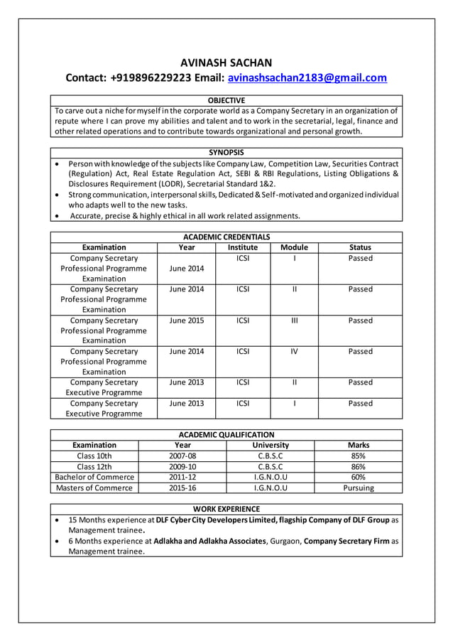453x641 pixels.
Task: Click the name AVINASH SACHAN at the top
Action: click(226, 63)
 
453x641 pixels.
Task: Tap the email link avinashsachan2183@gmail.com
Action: click(307, 78)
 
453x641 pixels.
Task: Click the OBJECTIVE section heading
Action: click(226, 100)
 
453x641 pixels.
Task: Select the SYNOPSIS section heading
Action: click(226, 152)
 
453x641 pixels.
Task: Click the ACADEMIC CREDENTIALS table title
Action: click(226, 237)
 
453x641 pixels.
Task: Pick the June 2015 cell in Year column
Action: click(186, 320)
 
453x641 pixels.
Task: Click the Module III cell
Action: click(294, 320)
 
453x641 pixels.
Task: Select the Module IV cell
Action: click(294, 351)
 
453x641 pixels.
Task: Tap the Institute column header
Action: click(243, 247)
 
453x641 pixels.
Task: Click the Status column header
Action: click(360, 247)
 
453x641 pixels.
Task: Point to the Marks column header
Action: click(359, 445)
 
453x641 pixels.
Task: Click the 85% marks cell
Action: click(359, 456)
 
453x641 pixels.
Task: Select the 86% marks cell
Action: click(359, 467)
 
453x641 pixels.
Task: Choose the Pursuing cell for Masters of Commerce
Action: click(359, 488)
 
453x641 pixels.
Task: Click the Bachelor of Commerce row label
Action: click(94, 478)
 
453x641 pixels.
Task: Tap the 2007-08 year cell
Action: click(182, 456)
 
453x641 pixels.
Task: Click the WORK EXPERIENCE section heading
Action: click(226, 509)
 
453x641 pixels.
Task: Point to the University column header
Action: click(271, 445)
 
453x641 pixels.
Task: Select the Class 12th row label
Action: click(94, 467)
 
